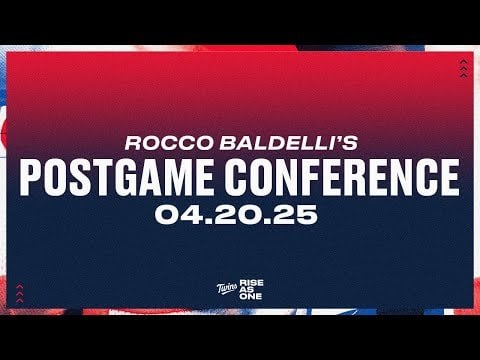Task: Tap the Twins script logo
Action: point(221,290)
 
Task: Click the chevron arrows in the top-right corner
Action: point(461,68)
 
